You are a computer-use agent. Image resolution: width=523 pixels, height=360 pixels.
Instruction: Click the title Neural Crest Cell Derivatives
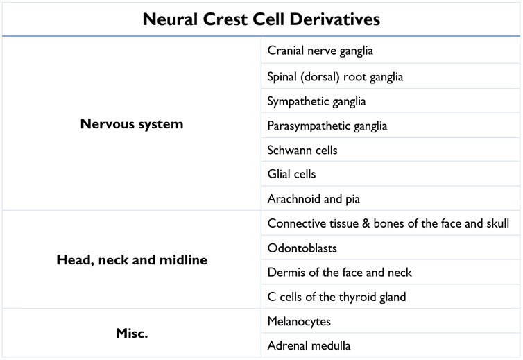261,19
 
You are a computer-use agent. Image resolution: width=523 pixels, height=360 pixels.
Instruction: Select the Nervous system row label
132,125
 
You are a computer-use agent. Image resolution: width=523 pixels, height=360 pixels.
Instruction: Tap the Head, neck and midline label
132,260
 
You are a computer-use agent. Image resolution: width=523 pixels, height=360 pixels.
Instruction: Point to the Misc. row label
132,333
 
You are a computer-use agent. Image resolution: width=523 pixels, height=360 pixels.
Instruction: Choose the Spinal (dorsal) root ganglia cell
335,76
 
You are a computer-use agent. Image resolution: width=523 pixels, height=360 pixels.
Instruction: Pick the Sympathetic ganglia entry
316,101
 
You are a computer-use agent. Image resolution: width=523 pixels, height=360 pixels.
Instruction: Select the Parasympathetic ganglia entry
327,126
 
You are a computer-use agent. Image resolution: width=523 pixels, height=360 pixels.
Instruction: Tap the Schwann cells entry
302,150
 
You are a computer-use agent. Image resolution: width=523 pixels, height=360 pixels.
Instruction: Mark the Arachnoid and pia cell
314,199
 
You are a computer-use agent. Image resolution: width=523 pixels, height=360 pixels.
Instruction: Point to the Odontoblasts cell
302,248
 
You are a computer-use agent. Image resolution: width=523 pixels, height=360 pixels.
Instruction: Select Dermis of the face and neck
339,273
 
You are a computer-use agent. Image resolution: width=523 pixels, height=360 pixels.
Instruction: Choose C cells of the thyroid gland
336,297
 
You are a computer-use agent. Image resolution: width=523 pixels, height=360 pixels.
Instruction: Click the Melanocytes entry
299,321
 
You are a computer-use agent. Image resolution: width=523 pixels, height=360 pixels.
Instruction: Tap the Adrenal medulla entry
309,345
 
